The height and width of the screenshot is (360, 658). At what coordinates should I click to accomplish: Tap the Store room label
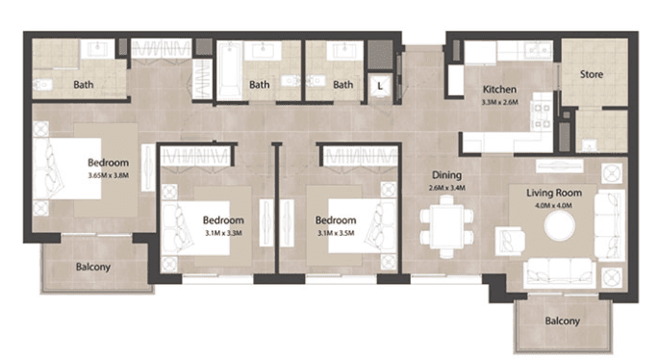pos(591,74)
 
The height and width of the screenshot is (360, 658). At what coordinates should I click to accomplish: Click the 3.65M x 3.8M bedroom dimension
pos(108,175)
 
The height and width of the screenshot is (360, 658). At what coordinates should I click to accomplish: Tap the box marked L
pos(381,85)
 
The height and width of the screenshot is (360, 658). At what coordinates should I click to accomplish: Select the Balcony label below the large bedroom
pos(93,267)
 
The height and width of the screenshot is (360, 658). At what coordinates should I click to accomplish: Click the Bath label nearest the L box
pos(343,85)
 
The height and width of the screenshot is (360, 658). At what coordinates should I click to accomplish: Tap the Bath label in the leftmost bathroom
pos(84,85)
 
